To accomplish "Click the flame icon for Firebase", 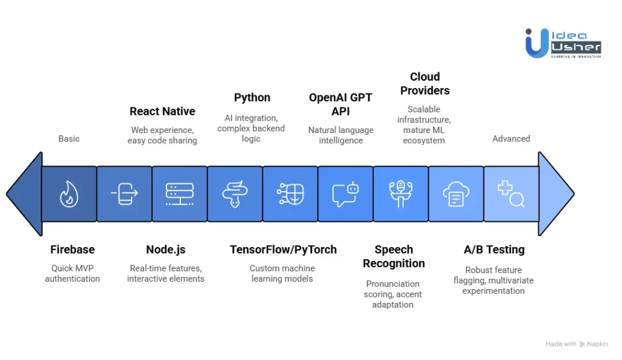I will (x=69, y=194).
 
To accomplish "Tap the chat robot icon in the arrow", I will (x=345, y=194).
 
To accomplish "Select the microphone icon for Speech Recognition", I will (x=400, y=194).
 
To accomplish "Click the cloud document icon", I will (x=456, y=194).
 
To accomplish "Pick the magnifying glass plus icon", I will (x=511, y=194).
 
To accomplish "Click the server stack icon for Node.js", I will (x=179, y=194).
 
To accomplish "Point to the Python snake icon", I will (x=234, y=194).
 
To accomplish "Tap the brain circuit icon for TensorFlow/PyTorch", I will (x=290, y=194).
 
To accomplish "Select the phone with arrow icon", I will (x=124, y=194).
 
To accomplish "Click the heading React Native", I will (x=162, y=112).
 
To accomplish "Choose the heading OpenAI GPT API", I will (x=341, y=104).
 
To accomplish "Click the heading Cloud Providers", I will (x=425, y=84).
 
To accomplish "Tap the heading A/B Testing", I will (x=494, y=250).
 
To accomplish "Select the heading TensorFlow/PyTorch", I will (x=283, y=250).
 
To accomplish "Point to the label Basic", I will (x=69, y=138).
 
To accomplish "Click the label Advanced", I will (x=511, y=138).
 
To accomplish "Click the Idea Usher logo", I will (x=563, y=43).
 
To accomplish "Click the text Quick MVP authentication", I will (x=72, y=274).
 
